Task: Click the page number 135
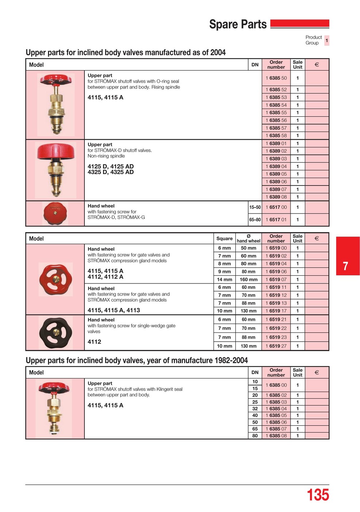318,495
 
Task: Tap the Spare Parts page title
238,25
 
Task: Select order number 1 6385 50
276,78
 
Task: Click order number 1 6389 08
276,197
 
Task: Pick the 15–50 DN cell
255,207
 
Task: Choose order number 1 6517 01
276,219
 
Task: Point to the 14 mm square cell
224,279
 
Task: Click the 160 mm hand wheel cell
249,279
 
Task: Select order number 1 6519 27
276,346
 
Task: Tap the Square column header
224,238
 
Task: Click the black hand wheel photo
55,333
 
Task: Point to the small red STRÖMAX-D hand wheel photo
55,213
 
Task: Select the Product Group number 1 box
327,40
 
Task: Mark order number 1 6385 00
276,385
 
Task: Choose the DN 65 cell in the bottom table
255,429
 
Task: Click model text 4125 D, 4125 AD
110,166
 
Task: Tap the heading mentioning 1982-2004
137,361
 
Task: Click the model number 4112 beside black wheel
94,342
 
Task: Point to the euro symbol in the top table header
317,65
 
